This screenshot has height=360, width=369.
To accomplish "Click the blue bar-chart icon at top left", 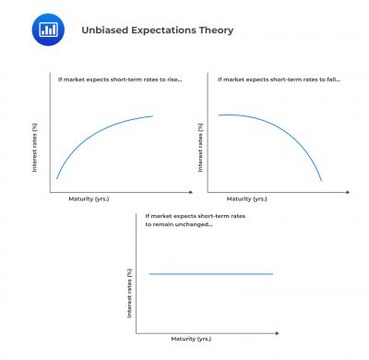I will [x=43, y=29].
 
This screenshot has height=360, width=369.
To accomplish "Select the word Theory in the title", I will [x=216, y=30].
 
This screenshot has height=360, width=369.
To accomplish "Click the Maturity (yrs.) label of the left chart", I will [x=89, y=198].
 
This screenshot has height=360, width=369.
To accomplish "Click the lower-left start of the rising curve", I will [x=57, y=178].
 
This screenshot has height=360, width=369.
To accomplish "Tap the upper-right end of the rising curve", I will [x=153, y=116].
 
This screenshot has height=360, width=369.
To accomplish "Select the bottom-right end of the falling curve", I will [x=321, y=180].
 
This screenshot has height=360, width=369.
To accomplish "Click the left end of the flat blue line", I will [x=149, y=274].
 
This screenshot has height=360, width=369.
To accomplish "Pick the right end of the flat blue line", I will [x=274, y=274].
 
